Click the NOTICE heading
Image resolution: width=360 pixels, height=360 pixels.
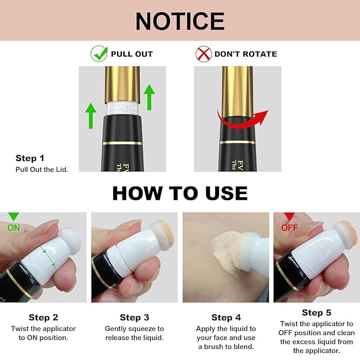pyautogui.click(x=180, y=21)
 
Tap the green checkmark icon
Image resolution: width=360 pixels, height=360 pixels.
pyautogui.click(x=99, y=54)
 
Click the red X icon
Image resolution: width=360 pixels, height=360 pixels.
pyautogui.click(x=204, y=54)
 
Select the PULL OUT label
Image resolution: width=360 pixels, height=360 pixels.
pyautogui.click(x=132, y=54)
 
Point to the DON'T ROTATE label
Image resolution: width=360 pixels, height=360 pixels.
pyautogui.click(x=245, y=54)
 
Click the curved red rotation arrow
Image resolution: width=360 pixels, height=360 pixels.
pyautogui.click(x=241, y=121)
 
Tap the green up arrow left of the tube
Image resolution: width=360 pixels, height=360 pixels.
pyautogui.click(x=91, y=116)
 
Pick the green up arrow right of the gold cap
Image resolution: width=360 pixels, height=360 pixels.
pyautogui.click(x=149, y=97)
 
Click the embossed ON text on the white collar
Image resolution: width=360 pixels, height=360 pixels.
pyautogui.click(x=126, y=109)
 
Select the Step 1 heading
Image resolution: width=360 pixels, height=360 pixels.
pyautogui.click(x=30, y=158)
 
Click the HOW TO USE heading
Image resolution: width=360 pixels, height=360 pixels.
pyautogui.click(x=180, y=193)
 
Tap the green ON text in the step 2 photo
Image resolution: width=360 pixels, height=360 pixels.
pyautogui.click(x=14, y=228)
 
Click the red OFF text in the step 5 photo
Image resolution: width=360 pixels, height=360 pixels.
pyautogui.click(x=289, y=228)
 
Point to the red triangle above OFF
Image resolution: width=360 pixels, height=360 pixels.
pyautogui.click(x=289, y=216)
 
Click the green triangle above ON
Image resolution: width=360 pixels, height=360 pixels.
pyautogui.click(x=14, y=216)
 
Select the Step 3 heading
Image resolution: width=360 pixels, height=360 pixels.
pyautogui.click(x=134, y=318)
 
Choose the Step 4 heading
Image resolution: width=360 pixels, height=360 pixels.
pyautogui.click(x=226, y=318)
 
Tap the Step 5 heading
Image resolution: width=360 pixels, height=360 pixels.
pyautogui.click(x=317, y=313)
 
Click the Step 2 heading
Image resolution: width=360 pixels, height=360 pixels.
pyautogui.click(x=43, y=318)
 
